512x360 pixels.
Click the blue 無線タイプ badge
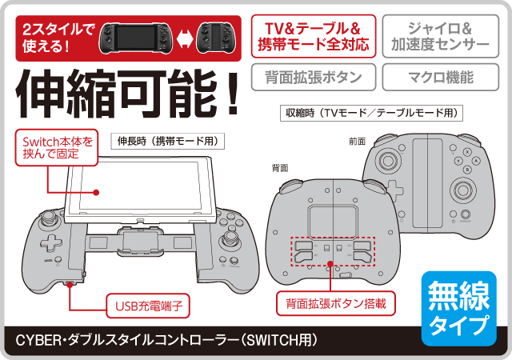point(458,308)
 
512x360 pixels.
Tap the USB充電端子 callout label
point(148,306)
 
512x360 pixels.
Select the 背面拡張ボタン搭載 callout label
point(336,303)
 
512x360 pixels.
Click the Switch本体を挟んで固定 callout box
point(57,147)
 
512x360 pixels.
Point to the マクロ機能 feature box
point(441,77)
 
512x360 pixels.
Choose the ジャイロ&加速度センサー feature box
point(441,36)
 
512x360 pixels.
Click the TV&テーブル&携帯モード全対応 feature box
point(314,36)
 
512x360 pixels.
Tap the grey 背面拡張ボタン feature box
point(314,77)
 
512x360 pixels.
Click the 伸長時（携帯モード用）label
point(167,141)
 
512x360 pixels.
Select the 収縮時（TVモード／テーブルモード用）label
point(371,113)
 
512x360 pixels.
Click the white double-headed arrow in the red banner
point(185,38)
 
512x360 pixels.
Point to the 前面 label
point(358,142)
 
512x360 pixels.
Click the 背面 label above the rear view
point(280,168)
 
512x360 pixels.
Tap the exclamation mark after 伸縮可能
point(233,94)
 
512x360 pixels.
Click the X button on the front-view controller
point(467,152)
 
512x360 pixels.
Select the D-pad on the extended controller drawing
point(51,244)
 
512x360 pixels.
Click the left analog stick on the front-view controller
point(387,160)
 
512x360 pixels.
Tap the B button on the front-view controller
point(467,170)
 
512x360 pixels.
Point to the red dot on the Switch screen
point(96,193)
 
